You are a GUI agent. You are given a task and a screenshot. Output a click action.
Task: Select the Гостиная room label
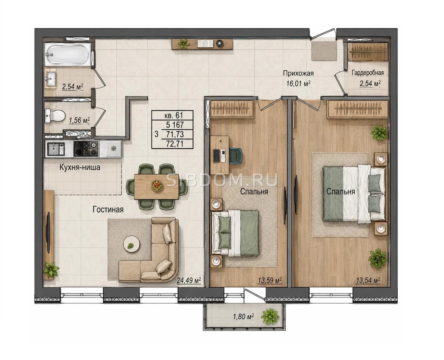108,210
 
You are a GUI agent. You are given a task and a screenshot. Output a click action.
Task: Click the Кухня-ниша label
80,167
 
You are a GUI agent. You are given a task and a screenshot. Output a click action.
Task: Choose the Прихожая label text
298,73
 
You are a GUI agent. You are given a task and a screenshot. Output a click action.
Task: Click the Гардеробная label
368,73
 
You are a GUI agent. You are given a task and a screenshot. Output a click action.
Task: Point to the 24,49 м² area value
189,280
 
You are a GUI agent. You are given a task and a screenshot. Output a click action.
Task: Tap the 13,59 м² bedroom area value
270,280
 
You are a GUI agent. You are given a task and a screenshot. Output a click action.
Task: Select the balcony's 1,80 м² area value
243,317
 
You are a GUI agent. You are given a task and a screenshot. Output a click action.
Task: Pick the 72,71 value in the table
175,144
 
